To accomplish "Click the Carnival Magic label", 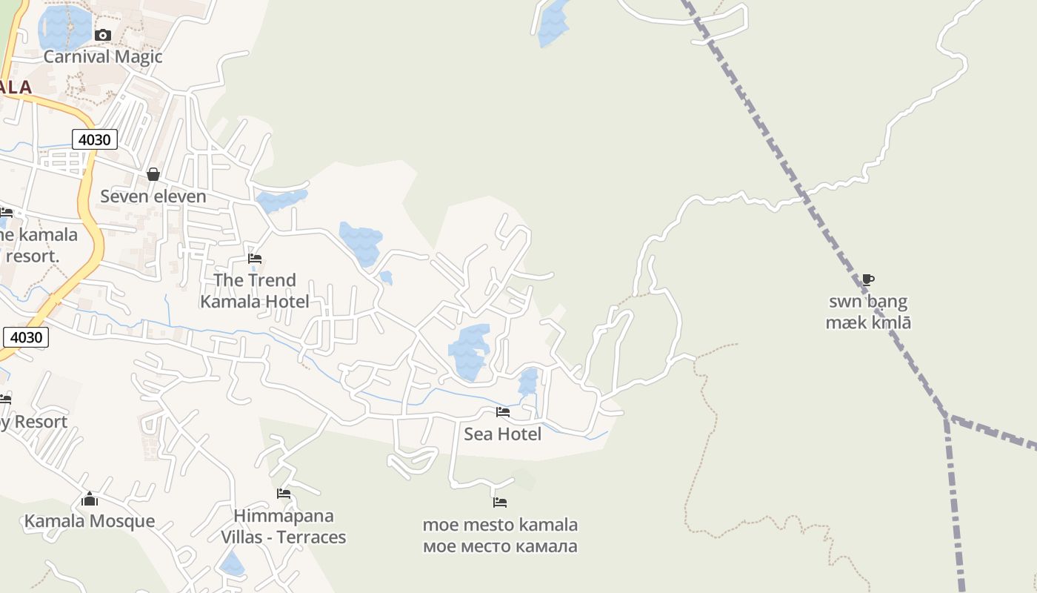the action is click(103, 56).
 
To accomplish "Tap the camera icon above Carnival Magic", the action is click(103, 35).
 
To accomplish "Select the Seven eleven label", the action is click(153, 196).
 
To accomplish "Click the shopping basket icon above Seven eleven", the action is click(153, 174).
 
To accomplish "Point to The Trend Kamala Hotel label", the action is click(255, 291).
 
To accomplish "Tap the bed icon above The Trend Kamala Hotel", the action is click(255, 259).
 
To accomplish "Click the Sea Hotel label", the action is click(503, 434).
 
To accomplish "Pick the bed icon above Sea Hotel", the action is click(503, 412).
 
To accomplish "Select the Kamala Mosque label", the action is click(90, 521).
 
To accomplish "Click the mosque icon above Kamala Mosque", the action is click(90, 499).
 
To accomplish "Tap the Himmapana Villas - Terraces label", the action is click(284, 526).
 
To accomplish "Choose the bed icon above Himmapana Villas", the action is click(284, 494).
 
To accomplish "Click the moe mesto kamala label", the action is click(500, 535).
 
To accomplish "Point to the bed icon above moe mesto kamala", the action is click(500, 503).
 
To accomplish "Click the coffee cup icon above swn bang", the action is click(868, 279).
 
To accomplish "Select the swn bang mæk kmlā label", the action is click(868, 312).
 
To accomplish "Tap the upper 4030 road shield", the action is click(95, 139).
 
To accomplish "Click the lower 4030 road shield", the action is click(26, 337).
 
